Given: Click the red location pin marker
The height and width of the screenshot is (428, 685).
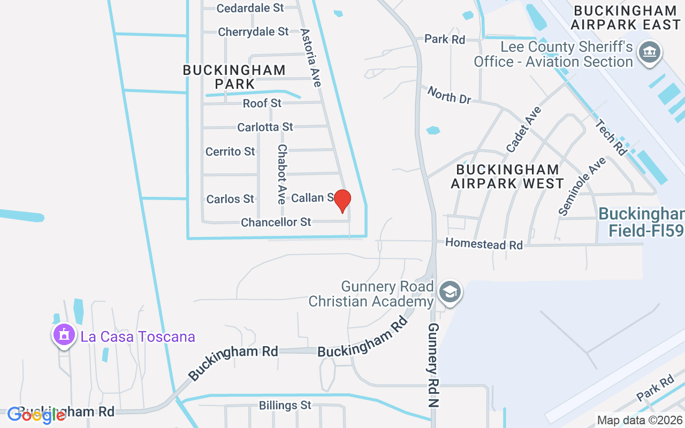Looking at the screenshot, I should tap(342, 201).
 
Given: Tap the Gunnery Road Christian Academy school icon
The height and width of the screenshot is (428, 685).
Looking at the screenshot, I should tap(450, 292).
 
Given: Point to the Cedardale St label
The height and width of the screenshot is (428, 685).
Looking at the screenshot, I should tap(250, 8).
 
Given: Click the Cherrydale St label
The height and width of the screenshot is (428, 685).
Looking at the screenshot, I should tap(253, 32).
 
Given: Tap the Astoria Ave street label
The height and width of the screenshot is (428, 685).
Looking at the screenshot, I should tap(311, 58).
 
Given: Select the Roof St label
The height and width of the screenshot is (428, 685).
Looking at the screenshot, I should tap(262, 103).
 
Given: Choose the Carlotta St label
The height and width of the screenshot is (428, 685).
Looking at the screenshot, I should tap(265, 127).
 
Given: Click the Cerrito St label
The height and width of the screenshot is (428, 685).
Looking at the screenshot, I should tap(230, 152).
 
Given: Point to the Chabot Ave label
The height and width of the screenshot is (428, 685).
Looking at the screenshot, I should tap(282, 174).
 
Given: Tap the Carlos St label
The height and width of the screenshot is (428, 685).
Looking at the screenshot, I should tap(230, 199).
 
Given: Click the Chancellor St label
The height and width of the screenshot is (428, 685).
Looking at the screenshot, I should tap(276, 222).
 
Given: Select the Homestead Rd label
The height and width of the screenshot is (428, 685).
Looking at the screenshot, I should tap(484, 244).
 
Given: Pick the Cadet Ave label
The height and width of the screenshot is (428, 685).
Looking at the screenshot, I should tap(524, 129).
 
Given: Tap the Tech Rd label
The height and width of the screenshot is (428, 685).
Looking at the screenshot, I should tap(611, 137).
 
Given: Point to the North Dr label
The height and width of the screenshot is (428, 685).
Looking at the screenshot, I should tap(449, 95).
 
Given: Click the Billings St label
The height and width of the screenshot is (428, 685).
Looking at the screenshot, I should tap(285, 406).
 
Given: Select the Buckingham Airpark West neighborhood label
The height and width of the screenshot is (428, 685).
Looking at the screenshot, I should tap(507, 177).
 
